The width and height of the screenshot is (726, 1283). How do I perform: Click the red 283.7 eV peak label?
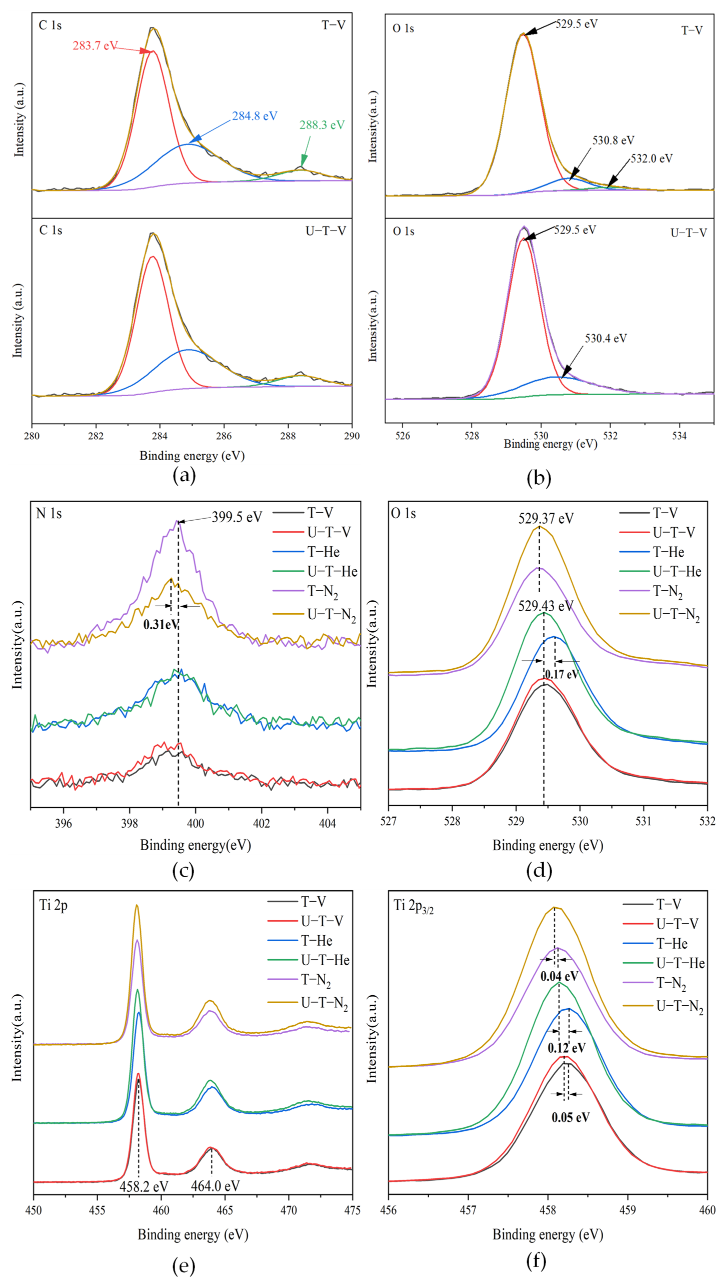point(95,46)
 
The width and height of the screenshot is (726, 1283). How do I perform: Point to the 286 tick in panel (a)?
point(224,436)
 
